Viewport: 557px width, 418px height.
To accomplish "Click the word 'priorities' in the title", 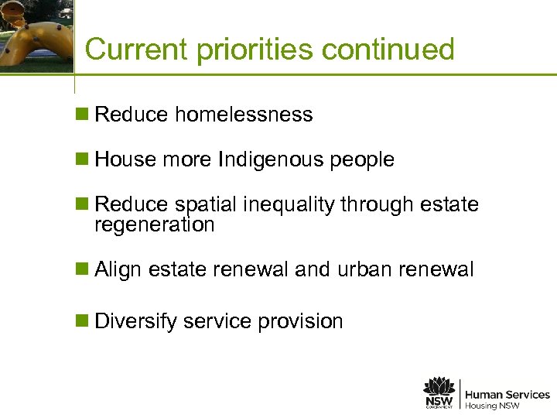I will (x=255, y=50).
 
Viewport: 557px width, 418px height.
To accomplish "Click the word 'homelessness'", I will (x=244, y=115).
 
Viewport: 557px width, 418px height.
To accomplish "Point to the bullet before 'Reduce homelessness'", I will (x=81, y=115).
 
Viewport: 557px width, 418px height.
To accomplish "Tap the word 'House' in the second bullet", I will (x=125, y=160).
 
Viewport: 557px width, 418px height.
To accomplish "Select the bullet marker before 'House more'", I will (x=81, y=160).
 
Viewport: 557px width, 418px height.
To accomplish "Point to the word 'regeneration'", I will (x=154, y=225).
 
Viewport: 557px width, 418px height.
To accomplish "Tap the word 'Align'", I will (x=118, y=270).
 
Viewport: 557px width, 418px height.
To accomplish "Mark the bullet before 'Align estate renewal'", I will (x=81, y=270).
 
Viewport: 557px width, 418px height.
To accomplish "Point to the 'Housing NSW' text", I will (x=492, y=406).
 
